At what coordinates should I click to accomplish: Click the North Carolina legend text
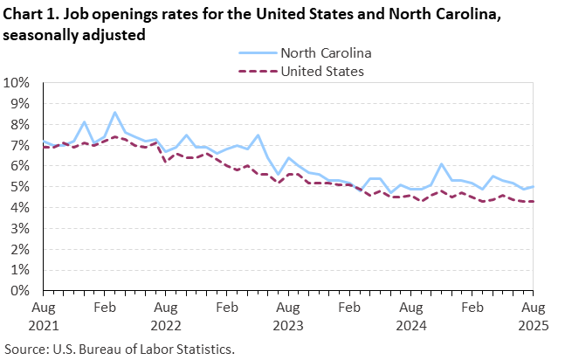[327, 52]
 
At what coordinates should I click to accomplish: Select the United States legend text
[322, 71]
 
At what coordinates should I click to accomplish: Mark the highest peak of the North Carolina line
[114, 112]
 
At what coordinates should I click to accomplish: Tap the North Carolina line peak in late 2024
[442, 164]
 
